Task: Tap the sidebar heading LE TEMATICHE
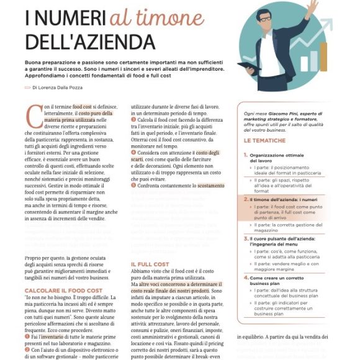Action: pos(265,141)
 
